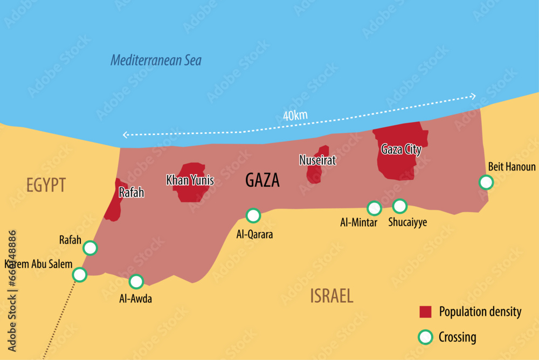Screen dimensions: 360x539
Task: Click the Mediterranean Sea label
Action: (x=156, y=60)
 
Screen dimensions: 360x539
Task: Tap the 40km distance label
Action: (x=295, y=116)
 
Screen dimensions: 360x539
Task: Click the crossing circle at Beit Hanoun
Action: (x=486, y=182)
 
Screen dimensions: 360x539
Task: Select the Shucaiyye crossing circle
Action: (x=399, y=206)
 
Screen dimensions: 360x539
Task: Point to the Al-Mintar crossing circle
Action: (x=374, y=208)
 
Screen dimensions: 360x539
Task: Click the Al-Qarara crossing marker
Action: (x=253, y=216)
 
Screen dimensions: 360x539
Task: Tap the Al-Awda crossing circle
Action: (x=136, y=281)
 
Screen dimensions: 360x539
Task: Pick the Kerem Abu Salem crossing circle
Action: (x=80, y=275)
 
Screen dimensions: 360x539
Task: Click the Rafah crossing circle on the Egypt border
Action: (x=90, y=248)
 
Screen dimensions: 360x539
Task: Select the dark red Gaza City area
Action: (x=399, y=162)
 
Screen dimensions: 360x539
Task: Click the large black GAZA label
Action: (x=262, y=180)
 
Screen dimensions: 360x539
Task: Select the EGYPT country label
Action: (x=46, y=185)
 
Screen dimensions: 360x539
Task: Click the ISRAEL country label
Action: (x=331, y=296)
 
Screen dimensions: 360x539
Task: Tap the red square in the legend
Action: (x=426, y=312)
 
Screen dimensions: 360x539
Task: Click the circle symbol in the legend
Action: (x=426, y=337)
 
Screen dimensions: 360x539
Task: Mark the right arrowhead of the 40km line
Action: (x=473, y=96)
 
